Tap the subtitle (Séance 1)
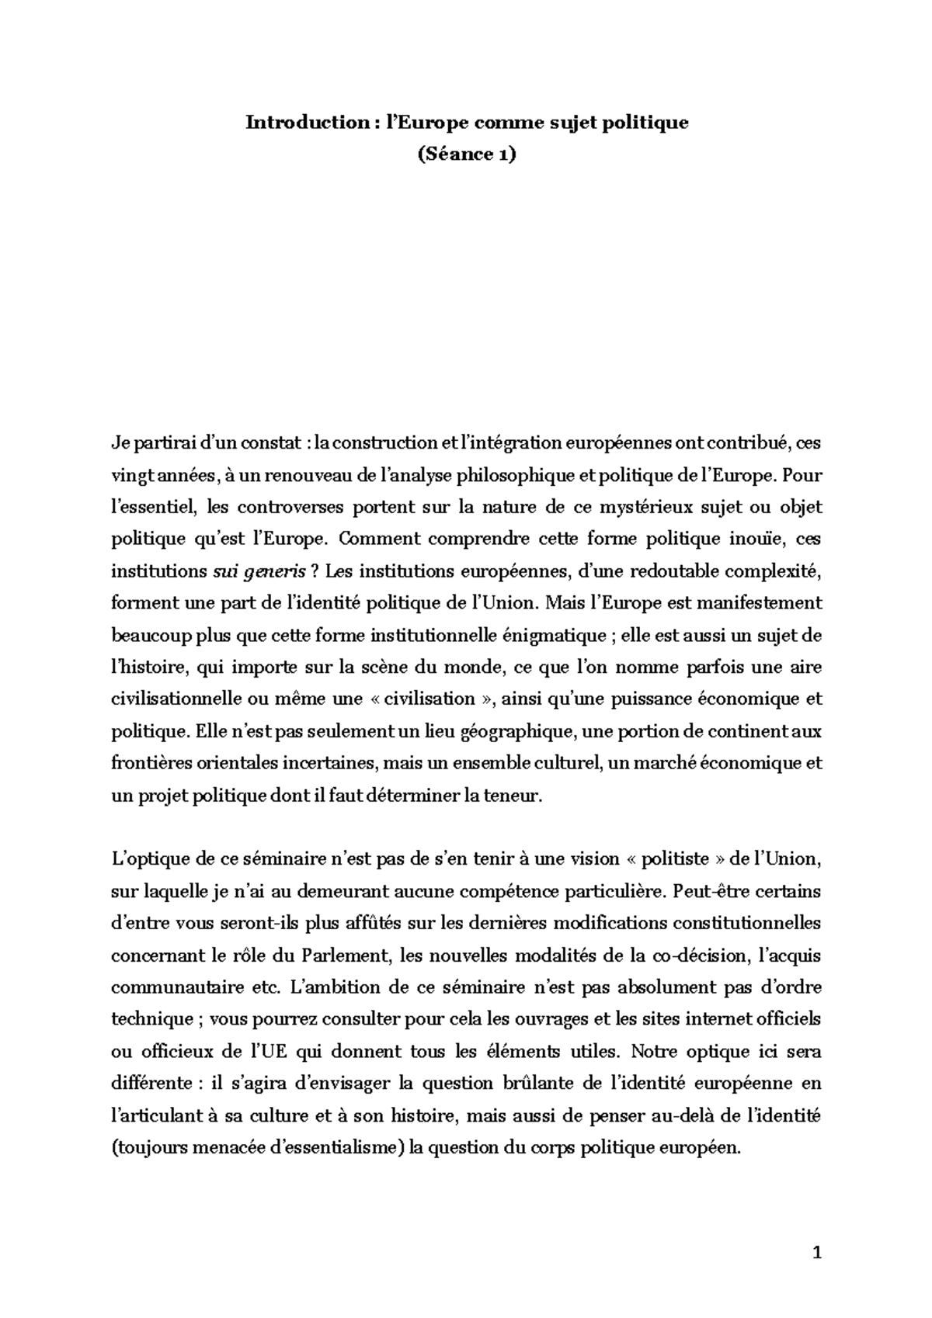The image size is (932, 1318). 466,154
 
